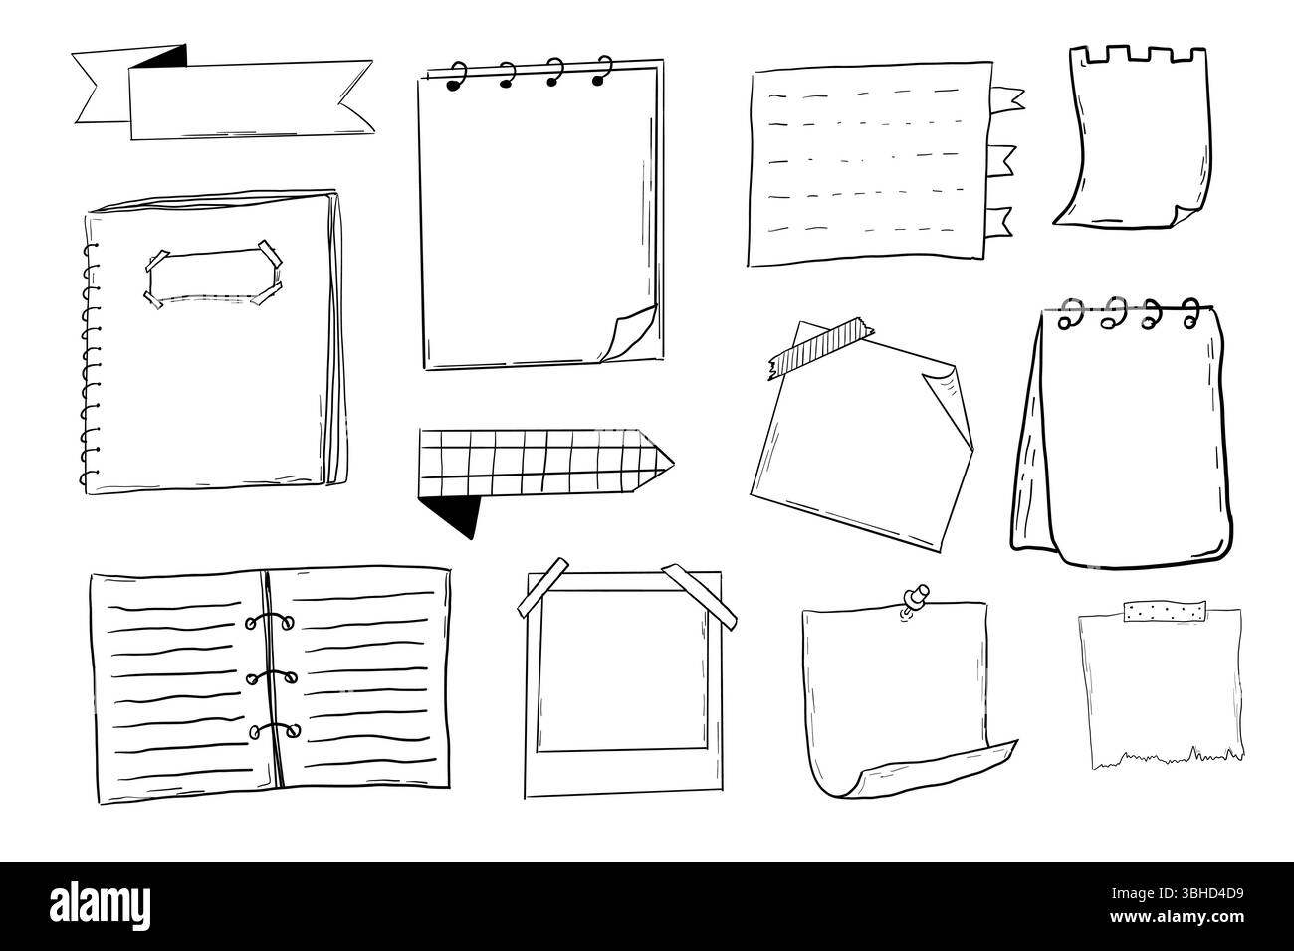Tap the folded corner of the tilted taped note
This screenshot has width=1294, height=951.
[947, 393]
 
